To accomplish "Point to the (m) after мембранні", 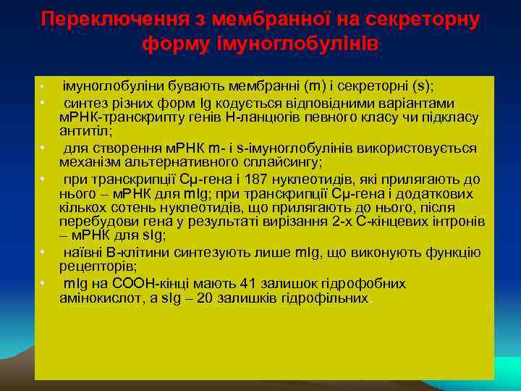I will (x=316, y=86).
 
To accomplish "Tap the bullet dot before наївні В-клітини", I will (x=43, y=252).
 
